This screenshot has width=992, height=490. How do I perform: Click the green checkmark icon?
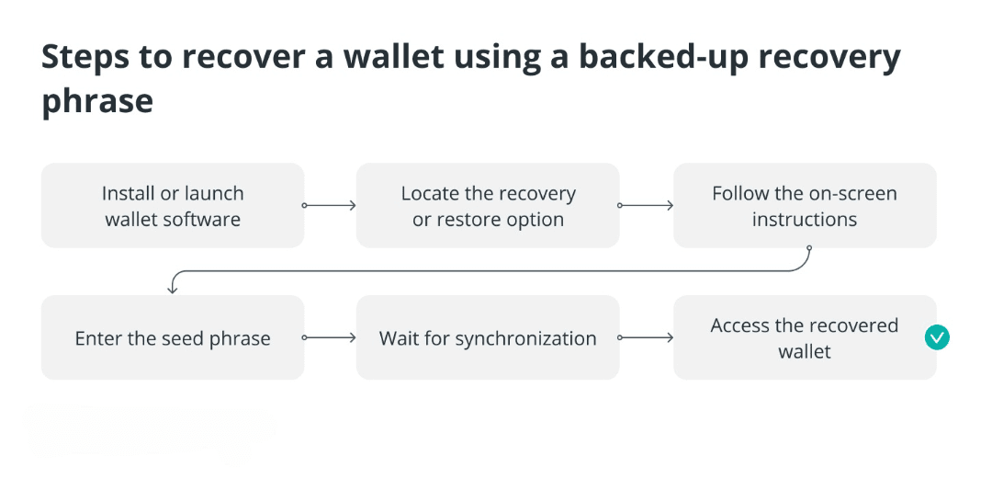click(x=936, y=337)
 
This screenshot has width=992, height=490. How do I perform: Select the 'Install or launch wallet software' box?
click(x=173, y=205)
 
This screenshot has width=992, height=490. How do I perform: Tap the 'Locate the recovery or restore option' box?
click(x=488, y=205)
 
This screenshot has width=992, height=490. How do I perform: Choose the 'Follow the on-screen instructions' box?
click(x=805, y=205)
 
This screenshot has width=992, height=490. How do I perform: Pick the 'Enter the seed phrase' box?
click(x=173, y=337)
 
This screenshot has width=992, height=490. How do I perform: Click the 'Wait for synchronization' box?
click(x=488, y=337)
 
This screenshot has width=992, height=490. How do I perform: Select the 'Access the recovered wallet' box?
click(x=805, y=337)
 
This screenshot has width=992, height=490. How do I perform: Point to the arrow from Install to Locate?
click(x=329, y=205)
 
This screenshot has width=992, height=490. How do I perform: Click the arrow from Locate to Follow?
click(x=646, y=205)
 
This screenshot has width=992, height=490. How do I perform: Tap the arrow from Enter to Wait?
click(x=329, y=337)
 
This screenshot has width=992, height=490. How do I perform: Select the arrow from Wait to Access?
click(x=646, y=337)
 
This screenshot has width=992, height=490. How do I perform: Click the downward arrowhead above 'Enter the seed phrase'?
click(x=172, y=290)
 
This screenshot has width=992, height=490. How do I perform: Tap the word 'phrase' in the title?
click(x=97, y=102)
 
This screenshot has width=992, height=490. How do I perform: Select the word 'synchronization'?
click(x=525, y=338)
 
